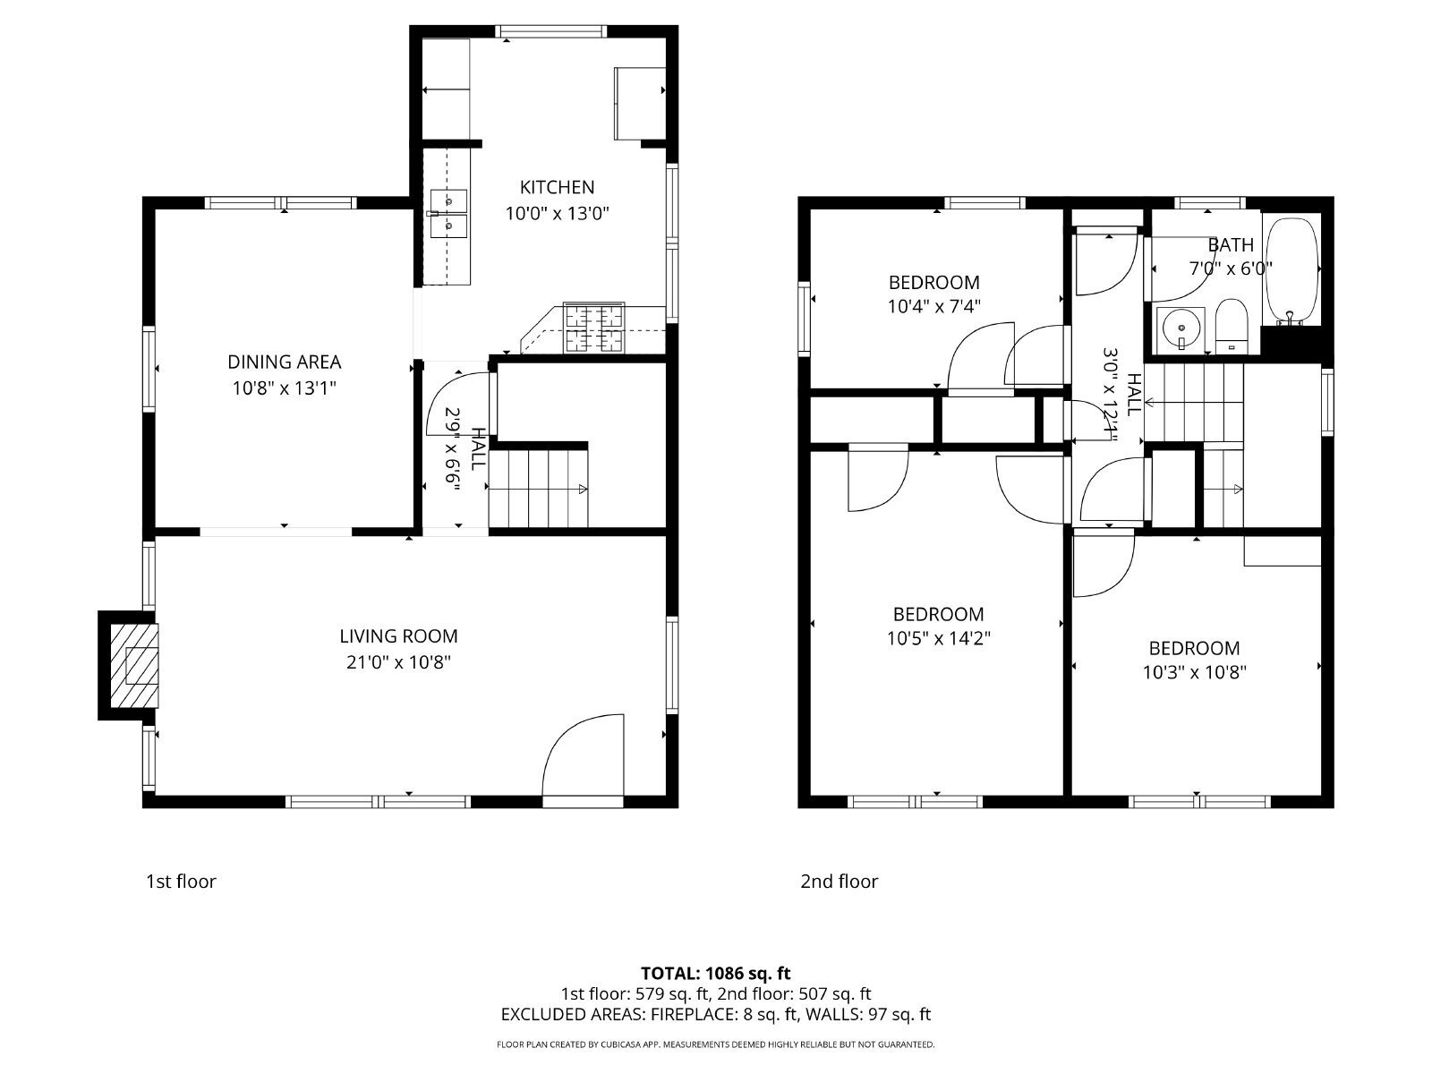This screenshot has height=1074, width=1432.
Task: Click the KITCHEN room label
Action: (x=557, y=187)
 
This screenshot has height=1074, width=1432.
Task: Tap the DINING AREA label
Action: (x=284, y=362)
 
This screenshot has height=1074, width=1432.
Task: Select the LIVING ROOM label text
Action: (x=398, y=635)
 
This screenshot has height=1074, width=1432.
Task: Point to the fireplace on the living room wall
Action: (x=129, y=666)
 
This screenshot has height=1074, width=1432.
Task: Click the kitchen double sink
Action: (x=448, y=214)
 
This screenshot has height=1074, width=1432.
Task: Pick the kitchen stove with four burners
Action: (x=593, y=328)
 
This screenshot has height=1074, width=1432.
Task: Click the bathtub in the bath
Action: (x=1291, y=271)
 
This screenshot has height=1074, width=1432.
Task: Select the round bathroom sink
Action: (x=1181, y=328)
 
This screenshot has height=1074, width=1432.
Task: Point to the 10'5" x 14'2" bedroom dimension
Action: (x=938, y=638)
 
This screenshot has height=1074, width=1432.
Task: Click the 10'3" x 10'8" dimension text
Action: (x=1194, y=672)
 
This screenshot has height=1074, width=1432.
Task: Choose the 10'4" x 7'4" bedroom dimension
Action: (x=933, y=306)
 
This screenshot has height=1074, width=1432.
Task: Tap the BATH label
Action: (x=1231, y=245)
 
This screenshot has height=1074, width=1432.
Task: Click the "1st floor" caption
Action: (x=181, y=882)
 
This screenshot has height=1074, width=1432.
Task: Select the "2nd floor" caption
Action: (x=839, y=882)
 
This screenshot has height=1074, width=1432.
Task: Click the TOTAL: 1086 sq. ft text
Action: (x=716, y=974)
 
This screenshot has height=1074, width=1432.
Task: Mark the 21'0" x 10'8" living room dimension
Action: (x=398, y=662)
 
